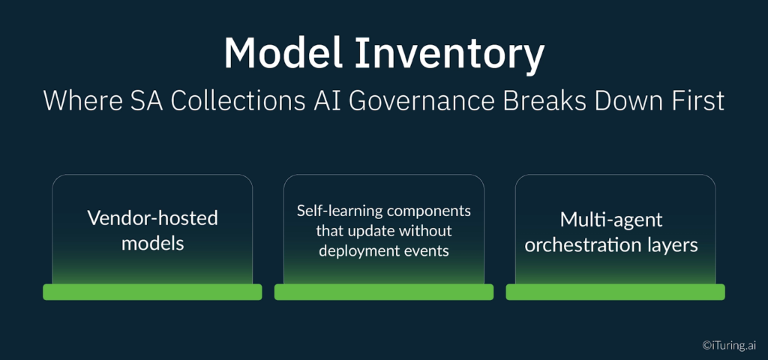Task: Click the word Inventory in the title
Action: point(449,54)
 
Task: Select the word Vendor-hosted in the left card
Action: point(152,218)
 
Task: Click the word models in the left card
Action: point(152,243)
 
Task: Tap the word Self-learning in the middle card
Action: point(340,211)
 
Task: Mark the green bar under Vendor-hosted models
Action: point(152,292)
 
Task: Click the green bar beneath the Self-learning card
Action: point(383,292)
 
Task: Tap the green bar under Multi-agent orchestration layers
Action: point(615,292)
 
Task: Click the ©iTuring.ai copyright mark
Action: point(729,345)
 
